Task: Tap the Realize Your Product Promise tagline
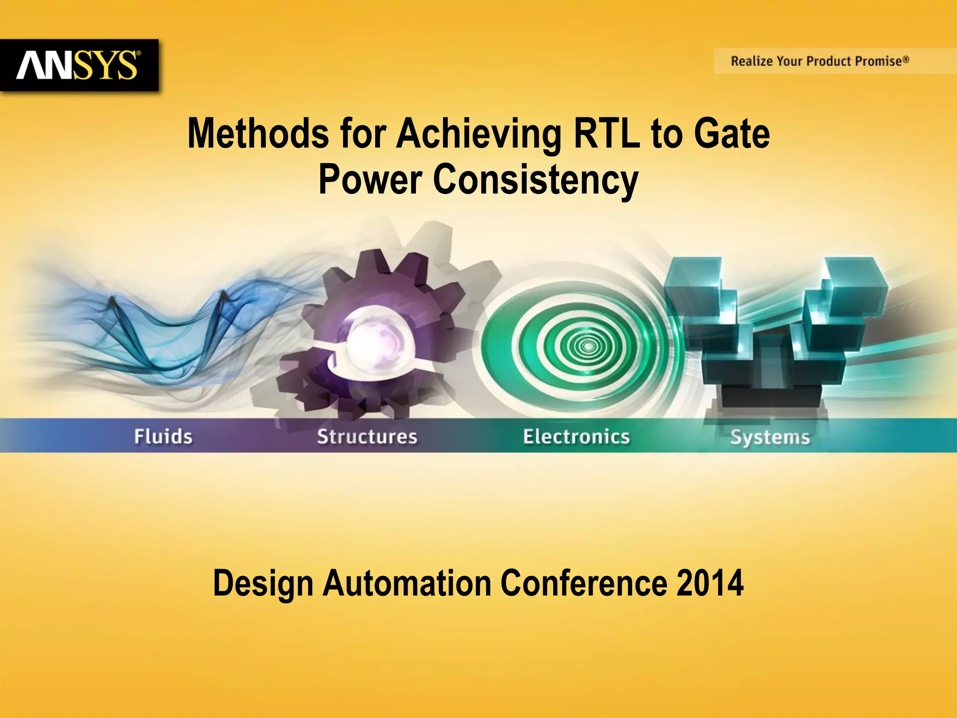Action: coord(820,61)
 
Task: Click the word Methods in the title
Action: coord(258,134)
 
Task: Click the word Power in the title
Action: coord(370,179)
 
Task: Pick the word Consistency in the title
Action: coord(536,179)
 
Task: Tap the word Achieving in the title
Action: coord(479,134)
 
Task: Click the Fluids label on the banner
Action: coord(163,437)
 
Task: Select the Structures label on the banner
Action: coord(367,437)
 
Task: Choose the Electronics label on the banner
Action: coord(576,437)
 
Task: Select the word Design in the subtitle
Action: coord(263,583)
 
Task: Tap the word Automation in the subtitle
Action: coord(407,583)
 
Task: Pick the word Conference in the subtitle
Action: coord(584,583)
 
